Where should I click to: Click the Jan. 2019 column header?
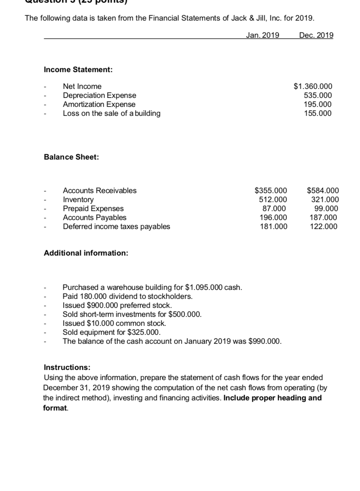pyautogui.click(x=262, y=35)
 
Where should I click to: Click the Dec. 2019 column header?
pyautogui.click(x=316, y=35)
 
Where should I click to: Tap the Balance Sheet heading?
pyautogui.click(x=71, y=157)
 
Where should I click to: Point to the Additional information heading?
pyautogui.click(x=86, y=253)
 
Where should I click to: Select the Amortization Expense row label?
pyautogui.click(x=99, y=105)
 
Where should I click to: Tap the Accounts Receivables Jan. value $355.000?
pyautogui.click(x=271, y=191)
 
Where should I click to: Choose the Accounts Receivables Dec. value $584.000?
pyautogui.click(x=323, y=191)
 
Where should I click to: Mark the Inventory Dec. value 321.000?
pyautogui.click(x=324, y=200)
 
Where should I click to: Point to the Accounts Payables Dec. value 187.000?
pyautogui.click(x=324, y=218)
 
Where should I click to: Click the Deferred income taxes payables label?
pyautogui.click(x=116, y=227)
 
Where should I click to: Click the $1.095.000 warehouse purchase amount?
pyautogui.click(x=205, y=288)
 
